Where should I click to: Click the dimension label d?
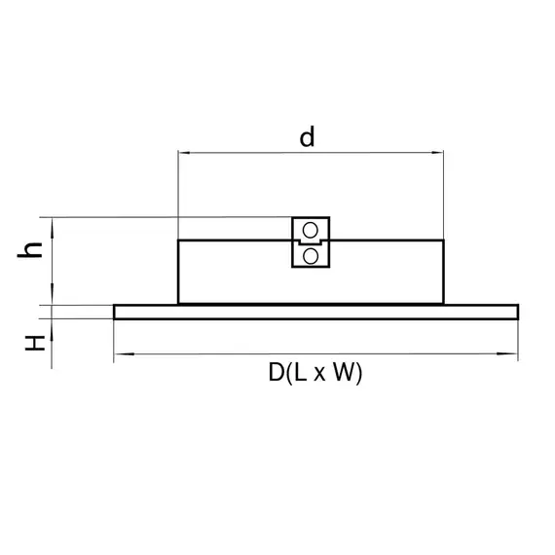click(x=307, y=137)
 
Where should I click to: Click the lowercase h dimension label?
click(x=30, y=250)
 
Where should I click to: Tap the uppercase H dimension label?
click(x=35, y=343)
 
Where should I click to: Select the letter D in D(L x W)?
click(x=277, y=372)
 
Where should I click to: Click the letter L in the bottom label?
click(x=300, y=372)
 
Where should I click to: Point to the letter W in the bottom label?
click(x=344, y=372)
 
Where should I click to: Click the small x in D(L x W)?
click(x=319, y=374)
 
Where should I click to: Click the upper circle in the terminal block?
click(x=311, y=231)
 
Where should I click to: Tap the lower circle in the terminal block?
click(x=311, y=256)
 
